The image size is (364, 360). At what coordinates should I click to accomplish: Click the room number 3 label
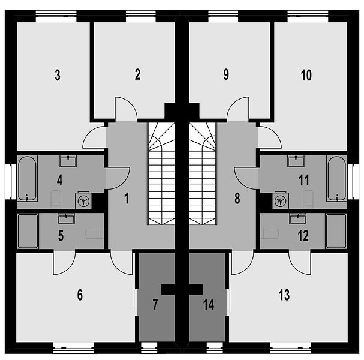(x=58, y=75)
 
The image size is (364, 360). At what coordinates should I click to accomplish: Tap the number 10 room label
(x=306, y=75)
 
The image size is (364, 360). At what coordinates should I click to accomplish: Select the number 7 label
(x=155, y=304)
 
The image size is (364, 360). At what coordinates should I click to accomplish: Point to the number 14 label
(x=209, y=304)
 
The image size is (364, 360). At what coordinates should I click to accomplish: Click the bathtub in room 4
(x=28, y=178)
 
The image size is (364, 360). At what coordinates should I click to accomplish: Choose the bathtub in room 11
(x=336, y=178)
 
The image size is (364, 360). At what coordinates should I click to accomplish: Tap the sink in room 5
(x=66, y=218)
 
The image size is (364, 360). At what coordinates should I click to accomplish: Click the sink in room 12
(x=297, y=218)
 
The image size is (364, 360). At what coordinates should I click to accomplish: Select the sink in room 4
(x=68, y=161)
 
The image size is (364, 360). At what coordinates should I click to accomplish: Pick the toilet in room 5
(x=95, y=233)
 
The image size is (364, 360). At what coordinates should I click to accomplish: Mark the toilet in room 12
(x=269, y=233)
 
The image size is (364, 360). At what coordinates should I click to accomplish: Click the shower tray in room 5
(x=28, y=231)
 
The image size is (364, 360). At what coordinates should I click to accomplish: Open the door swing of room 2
(x=126, y=108)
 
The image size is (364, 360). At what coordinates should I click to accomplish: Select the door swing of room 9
(x=238, y=108)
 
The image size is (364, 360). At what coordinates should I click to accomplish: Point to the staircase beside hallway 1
(x=161, y=174)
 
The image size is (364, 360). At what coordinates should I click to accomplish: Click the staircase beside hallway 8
(x=203, y=174)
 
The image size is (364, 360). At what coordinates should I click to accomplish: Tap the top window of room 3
(x=56, y=16)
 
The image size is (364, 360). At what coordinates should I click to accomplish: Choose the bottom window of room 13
(x=291, y=348)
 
